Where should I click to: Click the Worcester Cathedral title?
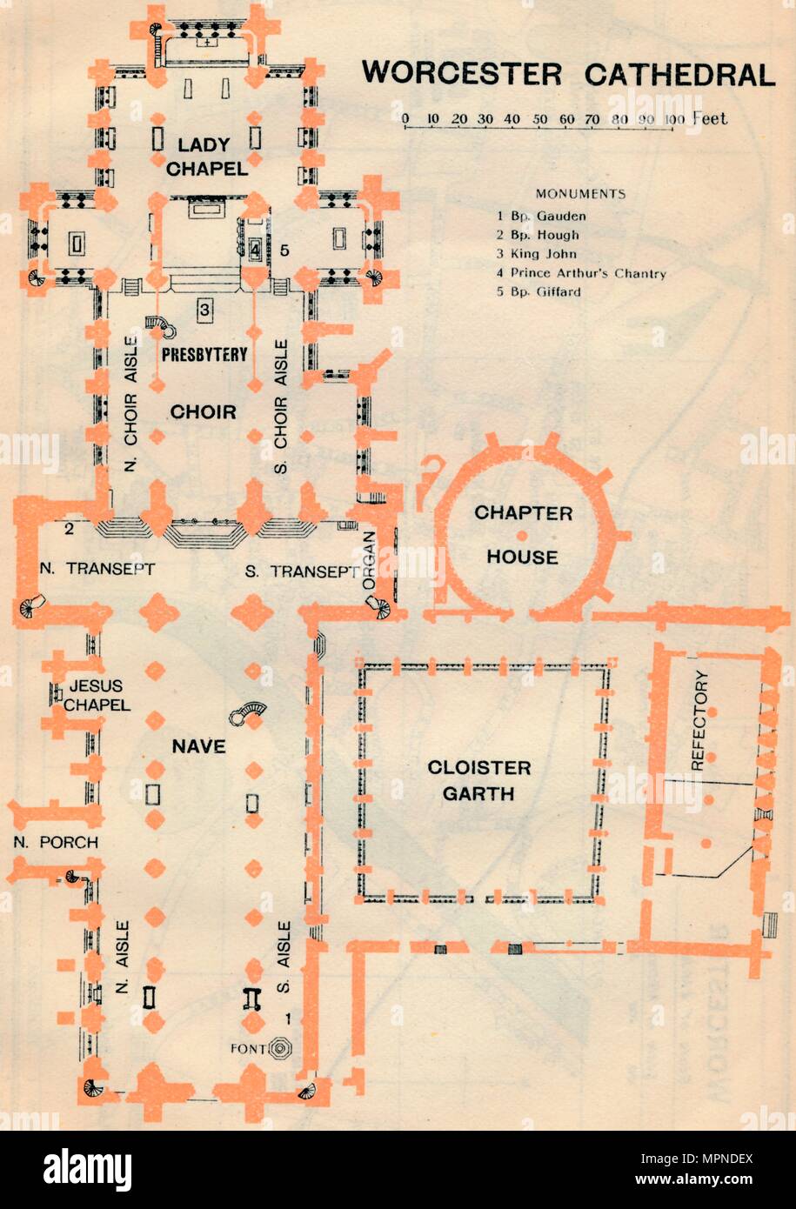point(568,74)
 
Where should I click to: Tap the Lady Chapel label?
point(207,156)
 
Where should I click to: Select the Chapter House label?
point(523,535)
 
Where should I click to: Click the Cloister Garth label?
point(478,780)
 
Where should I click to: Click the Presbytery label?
point(204,354)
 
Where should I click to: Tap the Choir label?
point(204,411)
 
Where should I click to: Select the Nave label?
point(198,746)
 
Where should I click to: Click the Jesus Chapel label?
point(96,695)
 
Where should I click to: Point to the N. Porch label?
point(56,842)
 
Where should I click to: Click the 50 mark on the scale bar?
point(540,119)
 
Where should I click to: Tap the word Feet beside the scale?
point(710,118)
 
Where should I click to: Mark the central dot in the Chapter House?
point(521,533)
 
